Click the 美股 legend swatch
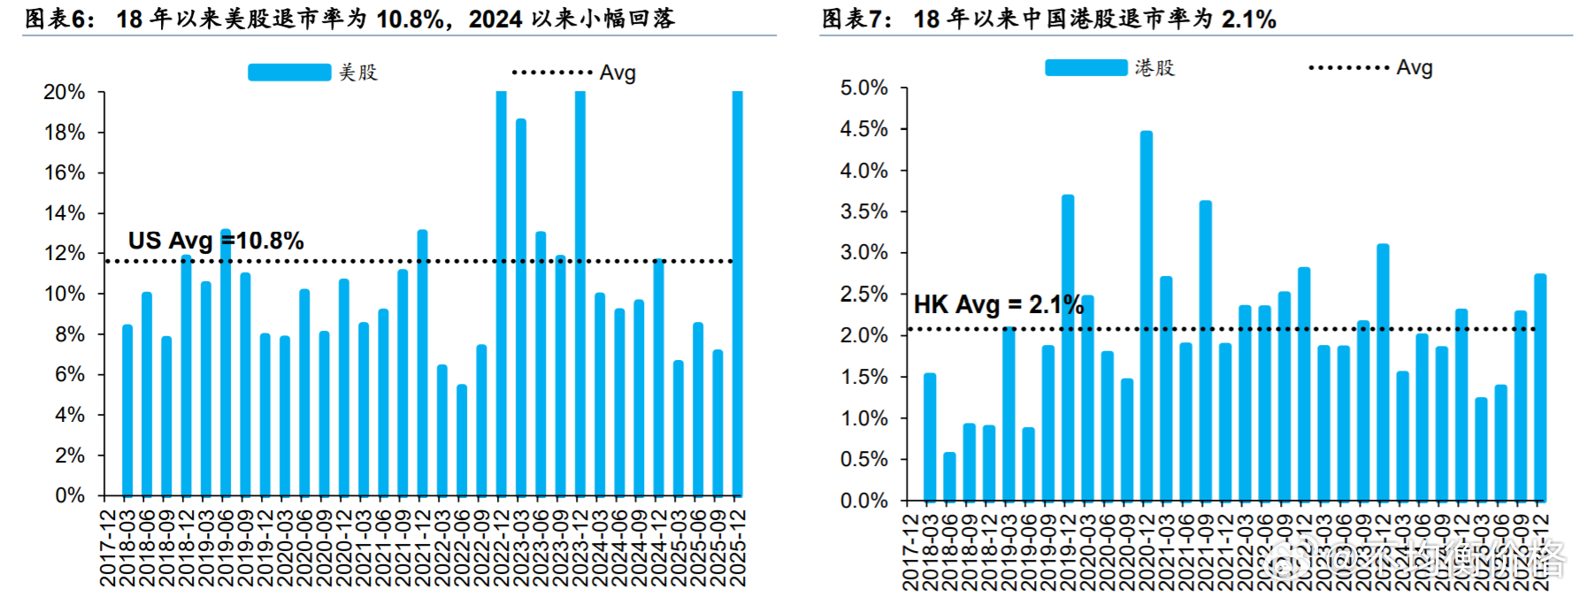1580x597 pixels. tap(288, 73)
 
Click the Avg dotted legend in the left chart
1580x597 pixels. tap(552, 73)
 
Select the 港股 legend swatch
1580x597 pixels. tap(1085, 68)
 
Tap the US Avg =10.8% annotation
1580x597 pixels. tap(216, 241)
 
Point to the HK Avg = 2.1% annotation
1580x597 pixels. tap(998, 305)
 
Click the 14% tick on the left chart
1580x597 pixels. tap(65, 213)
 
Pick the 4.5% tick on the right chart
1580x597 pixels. tap(863, 129)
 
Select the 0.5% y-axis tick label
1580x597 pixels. tap(863, 459)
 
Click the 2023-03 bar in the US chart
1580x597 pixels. tap(521, 310)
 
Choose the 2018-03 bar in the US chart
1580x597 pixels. tap(127, 411)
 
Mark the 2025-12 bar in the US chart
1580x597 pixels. tap(738, 292)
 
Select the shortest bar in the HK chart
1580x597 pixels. tap(949, 478)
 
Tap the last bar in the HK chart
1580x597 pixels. tap(1540, 389)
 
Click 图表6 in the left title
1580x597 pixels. tap(58, 19)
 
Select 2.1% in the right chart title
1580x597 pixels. tap(1248, 19)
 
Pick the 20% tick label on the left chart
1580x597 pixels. tap(65, 92)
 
